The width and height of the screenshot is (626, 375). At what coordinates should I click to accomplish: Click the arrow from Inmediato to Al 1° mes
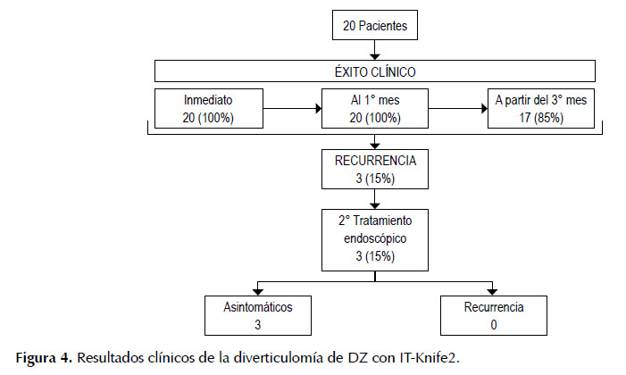click(293, 108)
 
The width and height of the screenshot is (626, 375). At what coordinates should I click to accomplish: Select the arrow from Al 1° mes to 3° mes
click(458, 108)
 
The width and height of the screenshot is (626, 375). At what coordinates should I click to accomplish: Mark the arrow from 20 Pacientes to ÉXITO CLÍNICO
click(375, 50)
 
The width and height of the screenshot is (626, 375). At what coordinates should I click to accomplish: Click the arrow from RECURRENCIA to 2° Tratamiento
click(375, 199)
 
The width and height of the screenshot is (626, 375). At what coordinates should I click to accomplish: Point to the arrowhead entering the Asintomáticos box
click(258, 292)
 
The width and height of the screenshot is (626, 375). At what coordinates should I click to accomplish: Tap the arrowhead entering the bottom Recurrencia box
click(493, 292)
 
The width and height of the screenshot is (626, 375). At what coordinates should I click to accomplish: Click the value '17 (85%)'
click(541, 118)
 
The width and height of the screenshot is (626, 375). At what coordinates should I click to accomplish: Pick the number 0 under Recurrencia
click(494, 325)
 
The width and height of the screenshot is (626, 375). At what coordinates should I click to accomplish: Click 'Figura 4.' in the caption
click(44, 358)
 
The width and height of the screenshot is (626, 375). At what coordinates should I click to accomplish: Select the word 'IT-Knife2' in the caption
click(430, 358)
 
